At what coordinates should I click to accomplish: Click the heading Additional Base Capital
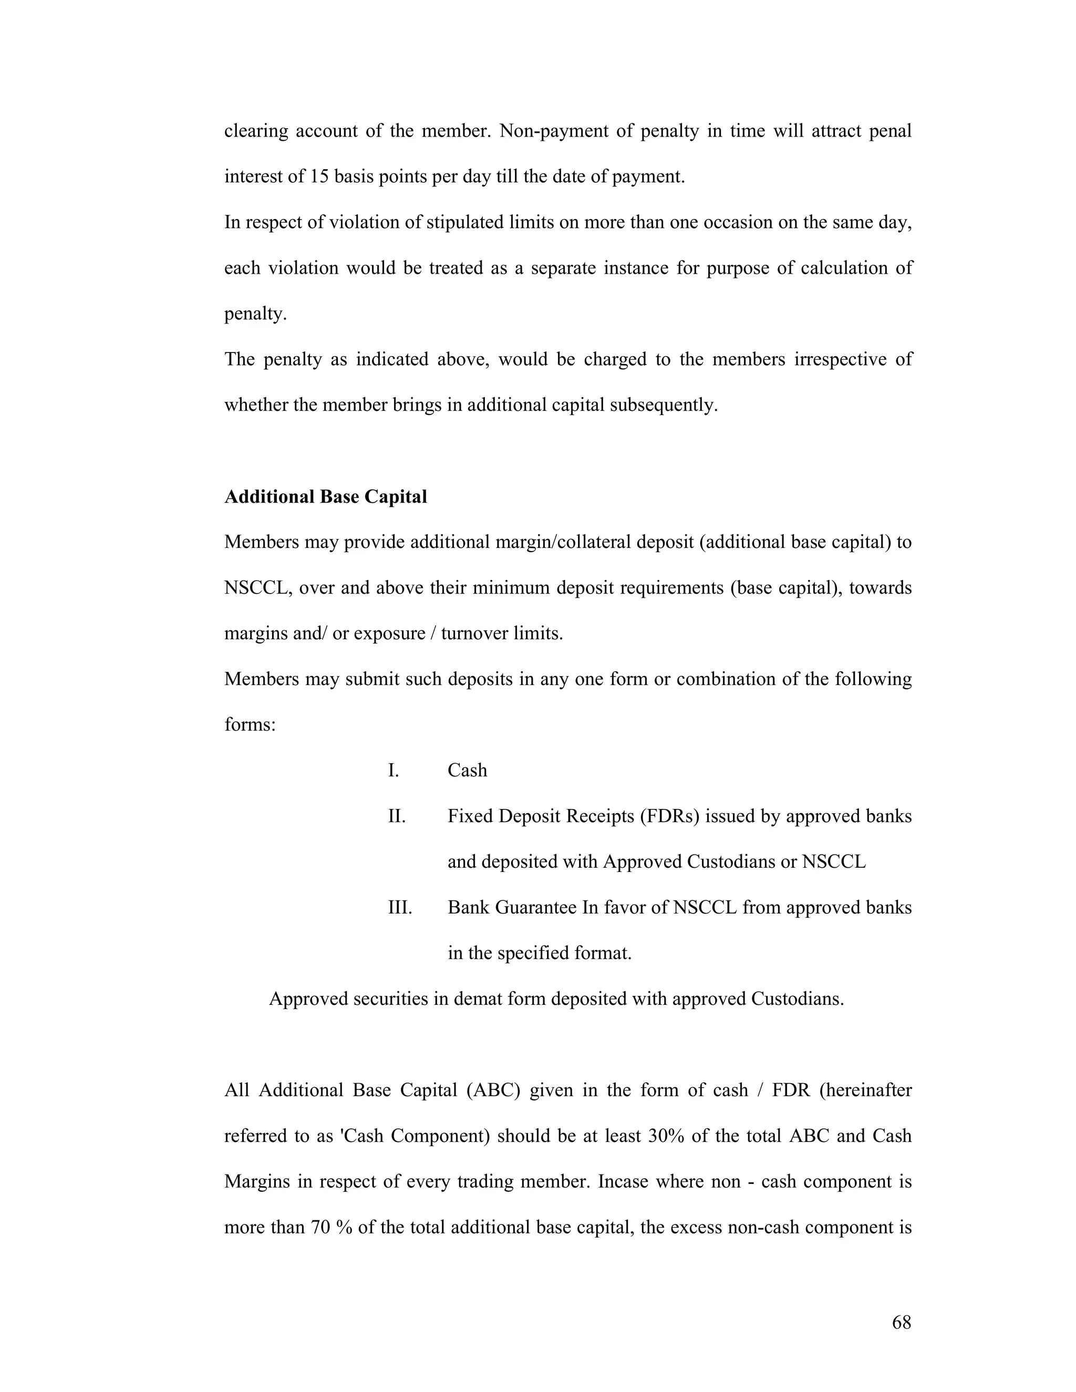pyautogui.click(x=325, y=496)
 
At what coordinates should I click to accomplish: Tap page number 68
pyautogui.click(x=902, y=1323)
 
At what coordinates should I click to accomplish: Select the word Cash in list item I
pyautogui.click(x=467, y=771)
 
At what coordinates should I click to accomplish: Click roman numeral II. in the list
pyautogui.click(x=397, y=816)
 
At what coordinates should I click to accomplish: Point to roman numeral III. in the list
pyautogui.click(x=400, y=908)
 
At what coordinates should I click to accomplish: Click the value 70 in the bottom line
pyautogui.click(x=319, y=1228)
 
